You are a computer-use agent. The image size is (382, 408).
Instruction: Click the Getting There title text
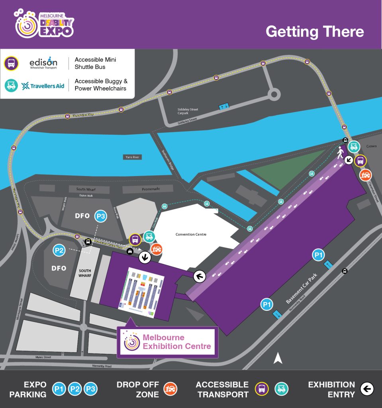[315, 31]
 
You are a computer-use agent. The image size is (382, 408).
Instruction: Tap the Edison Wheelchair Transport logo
[43, 63]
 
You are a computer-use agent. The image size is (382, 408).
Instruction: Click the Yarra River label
[132, 157]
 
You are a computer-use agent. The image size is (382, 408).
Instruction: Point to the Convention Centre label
[191, 234]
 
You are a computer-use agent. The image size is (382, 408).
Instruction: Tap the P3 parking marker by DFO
[101, 216]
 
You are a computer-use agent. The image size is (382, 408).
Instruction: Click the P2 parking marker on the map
[59, 251]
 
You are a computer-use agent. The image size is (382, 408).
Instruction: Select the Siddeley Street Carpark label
[188, 111]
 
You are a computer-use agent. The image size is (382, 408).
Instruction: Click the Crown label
[371, 146]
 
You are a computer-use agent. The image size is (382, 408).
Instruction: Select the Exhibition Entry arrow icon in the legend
[367, 389]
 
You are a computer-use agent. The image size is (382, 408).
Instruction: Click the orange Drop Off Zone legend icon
[170, 389]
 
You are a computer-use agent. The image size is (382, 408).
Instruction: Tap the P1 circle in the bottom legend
[60, 389]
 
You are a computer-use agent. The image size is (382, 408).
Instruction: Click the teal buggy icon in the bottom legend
[281, 389]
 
